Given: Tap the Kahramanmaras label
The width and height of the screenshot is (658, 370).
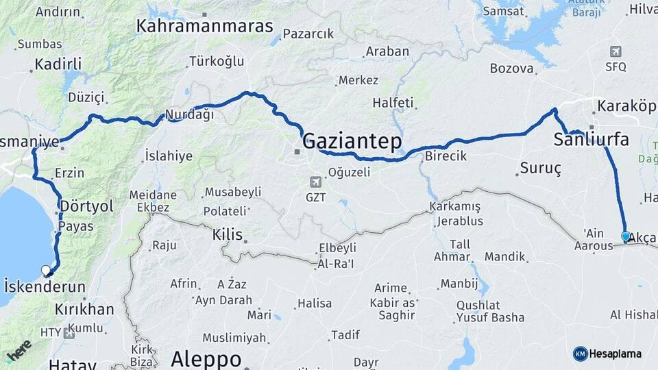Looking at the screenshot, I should pyautogui.click(x=204, y=27).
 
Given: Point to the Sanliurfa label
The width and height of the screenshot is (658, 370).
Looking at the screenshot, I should pyautogui.click(x=590, y=140).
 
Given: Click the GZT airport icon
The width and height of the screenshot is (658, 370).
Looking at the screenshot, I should pyautogui.click(x=315, y=182).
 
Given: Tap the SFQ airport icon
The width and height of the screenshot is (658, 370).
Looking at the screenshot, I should pyautogui.click(x=616, y=51).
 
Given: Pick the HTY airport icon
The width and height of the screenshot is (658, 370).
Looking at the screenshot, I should pyautogui.click(x=69, y=333).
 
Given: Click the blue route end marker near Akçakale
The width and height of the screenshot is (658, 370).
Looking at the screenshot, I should pyautogui.click(x=625, y=236).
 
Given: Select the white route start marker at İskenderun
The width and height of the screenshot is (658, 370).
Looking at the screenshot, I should pyautogui.click(x=46, y=270).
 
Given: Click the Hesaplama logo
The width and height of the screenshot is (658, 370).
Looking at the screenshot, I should pyautogui.click(x=607, y=354).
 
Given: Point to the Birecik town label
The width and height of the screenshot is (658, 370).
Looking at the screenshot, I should pyautogui.click(x=446, y=156).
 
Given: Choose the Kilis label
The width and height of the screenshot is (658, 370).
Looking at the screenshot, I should pyautogui.click(x=228, y=234).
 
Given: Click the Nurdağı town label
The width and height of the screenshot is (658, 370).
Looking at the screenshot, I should pyautogui.click(x=187, y=114).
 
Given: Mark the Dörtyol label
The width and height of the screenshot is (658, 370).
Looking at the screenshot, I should pyautogui.click(x=86, y=206).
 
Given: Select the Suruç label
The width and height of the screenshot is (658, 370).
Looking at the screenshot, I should pyautogui.click(x=540, y=168).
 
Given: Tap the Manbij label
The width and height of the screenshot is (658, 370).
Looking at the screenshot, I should pyautogui.click(x=459, y=283).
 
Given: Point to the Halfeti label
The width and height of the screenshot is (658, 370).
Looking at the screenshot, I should pyautogui.click(x=393, y=103).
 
